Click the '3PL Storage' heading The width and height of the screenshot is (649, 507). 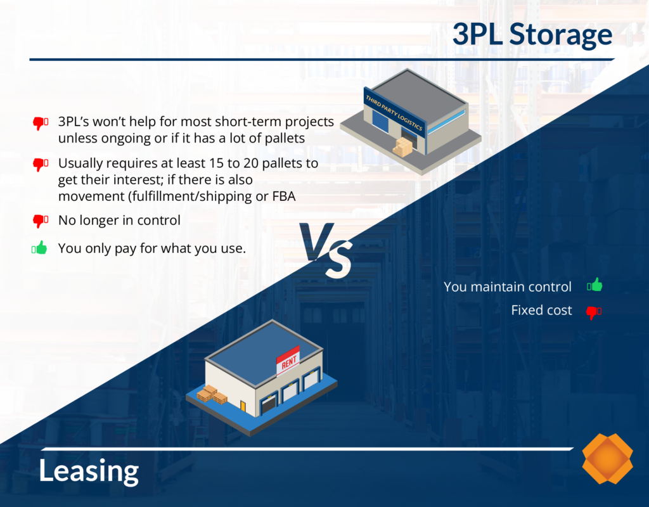tap(532, 35)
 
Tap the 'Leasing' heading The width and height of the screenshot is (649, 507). tap(89, 471)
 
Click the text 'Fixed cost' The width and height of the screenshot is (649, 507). tap(541, 311)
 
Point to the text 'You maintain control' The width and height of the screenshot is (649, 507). tap(507, 286)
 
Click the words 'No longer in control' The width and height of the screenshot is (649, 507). tap(119, 221)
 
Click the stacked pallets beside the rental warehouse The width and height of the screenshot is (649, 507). tap(212, 394)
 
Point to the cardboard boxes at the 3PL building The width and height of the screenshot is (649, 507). tap(402, 147)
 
